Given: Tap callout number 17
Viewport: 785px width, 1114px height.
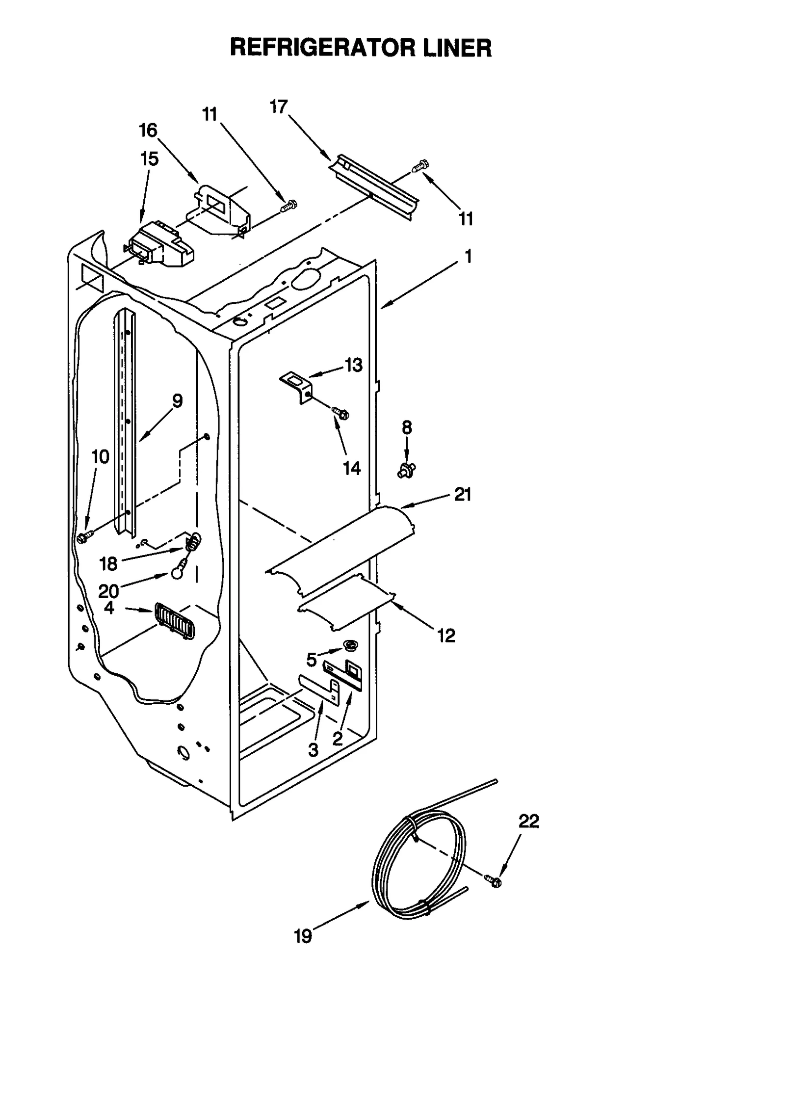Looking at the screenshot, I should point(279,106).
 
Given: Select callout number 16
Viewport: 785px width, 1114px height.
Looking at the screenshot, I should point(148,131).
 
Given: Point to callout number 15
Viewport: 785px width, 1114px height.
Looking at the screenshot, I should point(149,159).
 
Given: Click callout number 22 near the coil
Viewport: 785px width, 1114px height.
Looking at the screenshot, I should point(528,821).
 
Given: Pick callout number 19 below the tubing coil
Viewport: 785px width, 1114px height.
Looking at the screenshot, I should point(303,937).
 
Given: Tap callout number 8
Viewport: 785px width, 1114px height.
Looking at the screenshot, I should point(407,427).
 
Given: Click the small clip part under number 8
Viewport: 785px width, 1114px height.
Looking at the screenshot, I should point(406,471).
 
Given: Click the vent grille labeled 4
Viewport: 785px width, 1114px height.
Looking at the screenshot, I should point(174,621).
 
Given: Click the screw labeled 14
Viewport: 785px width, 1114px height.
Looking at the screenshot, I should point(340,413).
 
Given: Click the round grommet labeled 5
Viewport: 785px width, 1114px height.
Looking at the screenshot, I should point(350,645).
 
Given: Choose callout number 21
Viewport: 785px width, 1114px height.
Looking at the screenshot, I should point(462,494).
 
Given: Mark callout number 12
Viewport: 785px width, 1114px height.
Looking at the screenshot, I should point(446,636).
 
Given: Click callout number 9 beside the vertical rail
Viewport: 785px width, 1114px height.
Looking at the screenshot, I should point(177,401).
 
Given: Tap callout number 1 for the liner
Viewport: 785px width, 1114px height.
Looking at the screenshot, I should point(468,256).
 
